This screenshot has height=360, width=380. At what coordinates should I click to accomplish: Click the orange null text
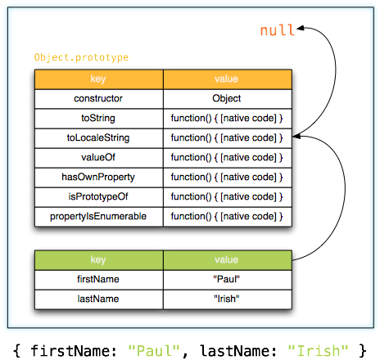278,30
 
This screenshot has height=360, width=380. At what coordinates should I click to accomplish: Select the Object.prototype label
81,58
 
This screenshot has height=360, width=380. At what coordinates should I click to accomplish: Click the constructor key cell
98,98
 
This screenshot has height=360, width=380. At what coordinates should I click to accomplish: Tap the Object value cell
227,98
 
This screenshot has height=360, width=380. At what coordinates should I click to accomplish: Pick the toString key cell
98,118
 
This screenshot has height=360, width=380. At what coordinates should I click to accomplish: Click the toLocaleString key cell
98,137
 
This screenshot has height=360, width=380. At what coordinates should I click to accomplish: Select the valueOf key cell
98,157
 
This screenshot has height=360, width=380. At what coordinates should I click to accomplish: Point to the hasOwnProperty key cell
98,177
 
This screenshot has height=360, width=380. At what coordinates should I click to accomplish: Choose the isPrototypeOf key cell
98,196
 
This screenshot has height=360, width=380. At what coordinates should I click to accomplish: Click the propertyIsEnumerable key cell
98,216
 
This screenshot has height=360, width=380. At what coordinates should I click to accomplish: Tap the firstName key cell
98,280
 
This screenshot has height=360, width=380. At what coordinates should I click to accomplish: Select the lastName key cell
98,299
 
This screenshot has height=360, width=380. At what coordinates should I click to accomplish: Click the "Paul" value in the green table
227,280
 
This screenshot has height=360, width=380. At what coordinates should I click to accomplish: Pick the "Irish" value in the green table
227,299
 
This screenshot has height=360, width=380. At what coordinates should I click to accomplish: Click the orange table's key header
98,79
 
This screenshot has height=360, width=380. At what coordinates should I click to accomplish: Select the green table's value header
227,260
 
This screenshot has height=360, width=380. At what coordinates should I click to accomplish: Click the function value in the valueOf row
227,157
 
